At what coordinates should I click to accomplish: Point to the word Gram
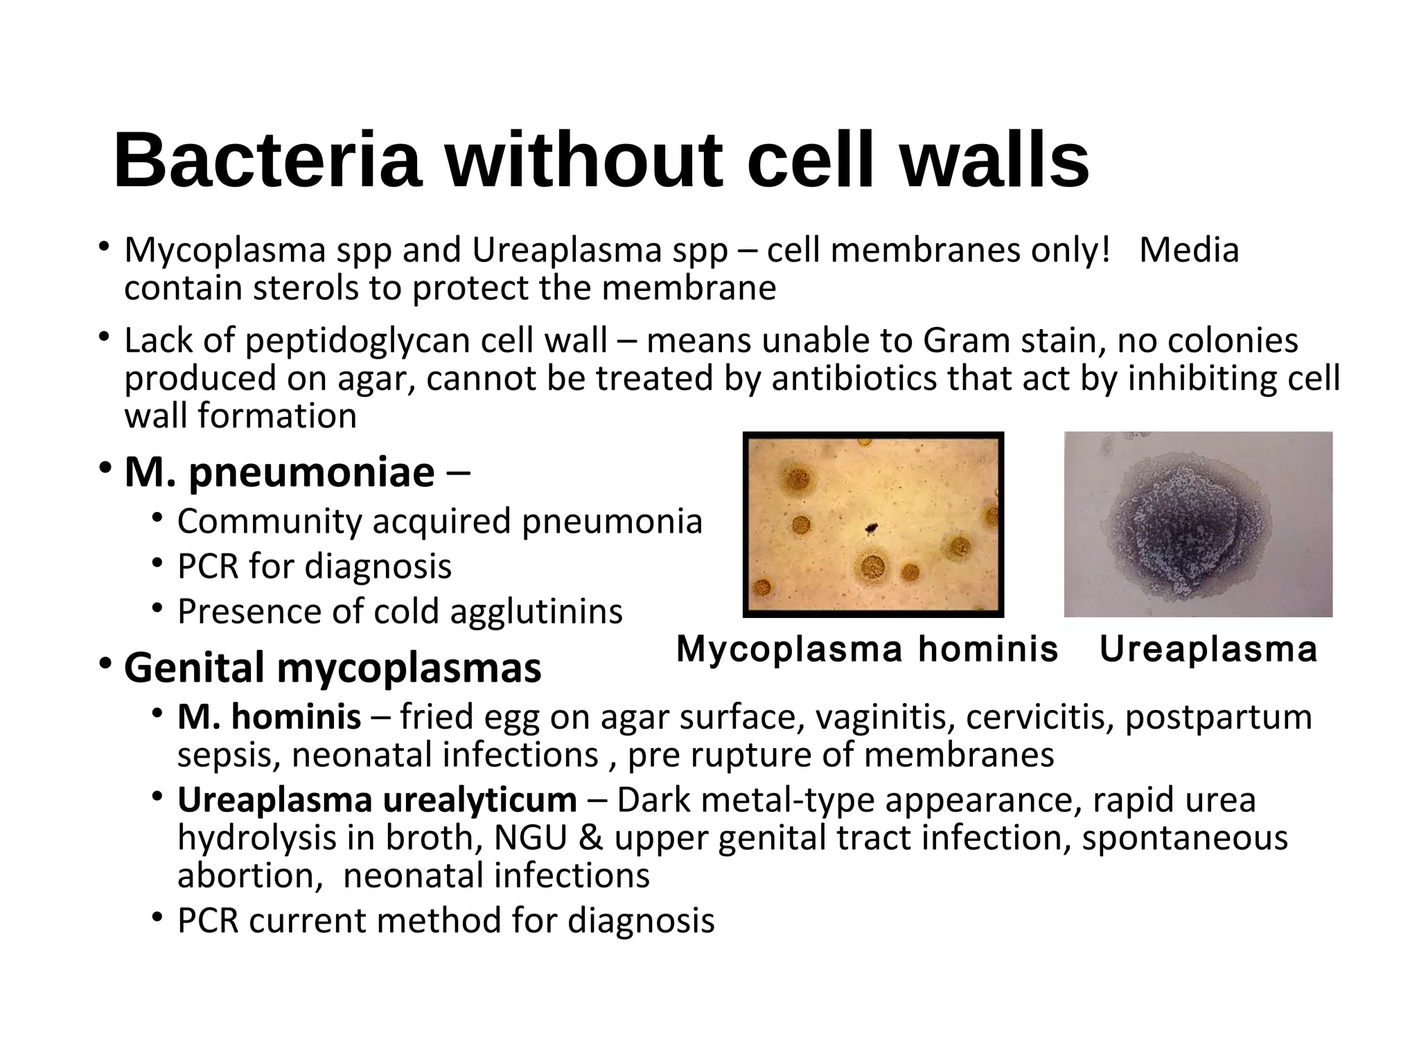click(963, 340)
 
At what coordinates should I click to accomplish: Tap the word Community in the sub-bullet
click(270, 521)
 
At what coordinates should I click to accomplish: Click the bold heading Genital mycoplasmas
click(333, 668)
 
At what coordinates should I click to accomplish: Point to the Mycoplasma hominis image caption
click(867, 649)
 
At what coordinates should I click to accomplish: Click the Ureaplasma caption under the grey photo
click(1208, 649)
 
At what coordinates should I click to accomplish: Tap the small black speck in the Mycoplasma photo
click(870, 529)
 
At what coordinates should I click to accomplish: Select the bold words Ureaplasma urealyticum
click(377, 799)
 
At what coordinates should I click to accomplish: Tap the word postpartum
click(1218, 717)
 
